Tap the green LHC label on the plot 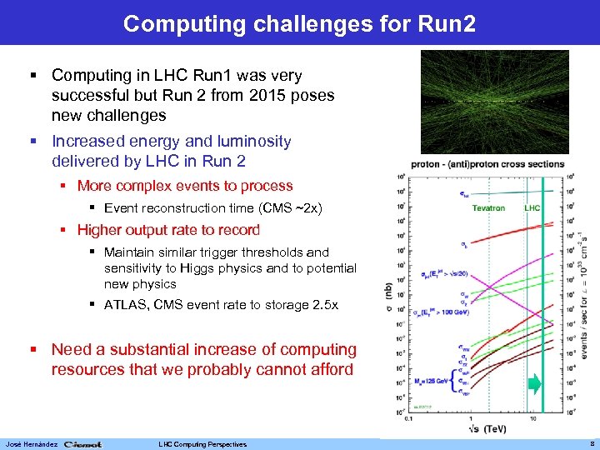point(532,208)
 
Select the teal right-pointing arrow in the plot point(534,384)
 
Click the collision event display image point(494,102)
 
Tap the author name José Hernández point(31,444)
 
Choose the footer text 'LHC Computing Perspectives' point(202,444)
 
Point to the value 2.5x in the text point(321,305)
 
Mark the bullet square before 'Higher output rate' point(66,230)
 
